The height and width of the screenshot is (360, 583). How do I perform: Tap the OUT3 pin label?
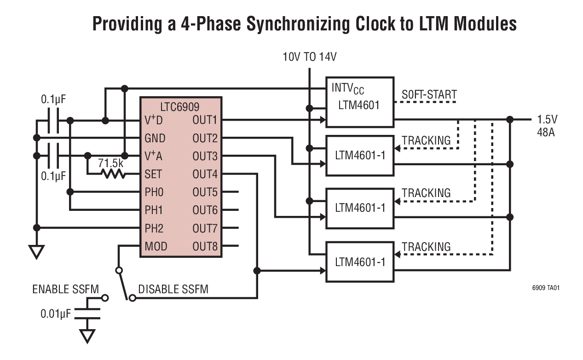(205, 157)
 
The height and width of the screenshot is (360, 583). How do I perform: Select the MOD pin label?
(156, 246)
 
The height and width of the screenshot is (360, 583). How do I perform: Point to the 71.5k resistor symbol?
(113, 174)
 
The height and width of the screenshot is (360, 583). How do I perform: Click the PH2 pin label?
(154, 228)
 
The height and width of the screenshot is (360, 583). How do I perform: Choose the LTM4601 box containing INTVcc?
(359, 102)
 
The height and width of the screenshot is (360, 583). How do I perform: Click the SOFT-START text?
(429, 95)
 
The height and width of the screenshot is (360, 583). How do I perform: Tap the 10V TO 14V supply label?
(310, 58)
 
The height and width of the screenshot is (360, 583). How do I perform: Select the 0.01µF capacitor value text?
(56, 314)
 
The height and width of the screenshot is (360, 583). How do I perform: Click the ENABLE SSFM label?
(65, 290)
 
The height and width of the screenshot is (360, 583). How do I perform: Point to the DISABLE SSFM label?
(173, 290)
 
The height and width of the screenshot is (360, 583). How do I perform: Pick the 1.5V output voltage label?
(547, 119)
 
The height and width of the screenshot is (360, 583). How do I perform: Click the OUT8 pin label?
(205, 246)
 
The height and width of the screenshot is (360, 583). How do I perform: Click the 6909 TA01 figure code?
(546, 288)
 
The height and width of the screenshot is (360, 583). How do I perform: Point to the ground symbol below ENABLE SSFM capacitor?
(87, 336)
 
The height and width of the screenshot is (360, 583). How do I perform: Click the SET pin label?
(153, 174)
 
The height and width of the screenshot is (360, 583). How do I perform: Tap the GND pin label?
(155, 139)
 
